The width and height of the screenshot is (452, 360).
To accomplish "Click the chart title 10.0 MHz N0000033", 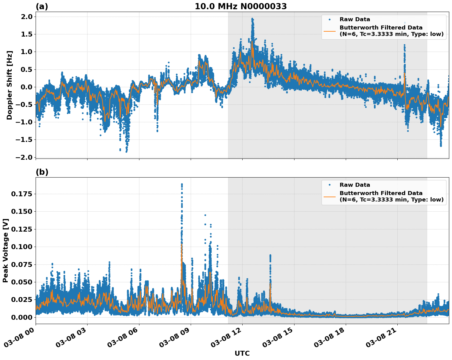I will click(x=240, y=6).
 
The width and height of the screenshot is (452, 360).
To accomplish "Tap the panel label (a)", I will click(x=42, y=6).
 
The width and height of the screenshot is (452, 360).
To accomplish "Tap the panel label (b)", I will click(x=42, y=172).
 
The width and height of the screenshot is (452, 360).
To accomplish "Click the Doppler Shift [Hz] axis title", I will click(x=10, y=85).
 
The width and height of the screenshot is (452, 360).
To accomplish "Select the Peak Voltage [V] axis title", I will click(x=6, y=250).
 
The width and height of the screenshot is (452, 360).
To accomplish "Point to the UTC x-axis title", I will click(x=242, y=353).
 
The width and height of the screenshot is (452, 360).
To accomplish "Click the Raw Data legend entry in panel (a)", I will click(x=355, y=19).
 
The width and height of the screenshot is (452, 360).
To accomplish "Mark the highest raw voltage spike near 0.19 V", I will click(x=182, y=184).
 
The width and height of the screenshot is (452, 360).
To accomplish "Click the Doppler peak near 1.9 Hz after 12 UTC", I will click(x=252, y=19).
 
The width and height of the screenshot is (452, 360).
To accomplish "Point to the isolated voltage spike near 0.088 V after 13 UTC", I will click(x=270, y=255).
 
